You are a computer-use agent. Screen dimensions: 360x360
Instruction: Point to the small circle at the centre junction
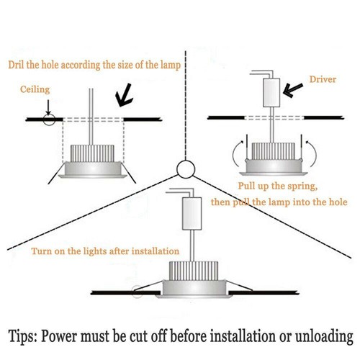point(184,169)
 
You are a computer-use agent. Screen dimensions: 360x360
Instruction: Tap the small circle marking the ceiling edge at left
point(48,119)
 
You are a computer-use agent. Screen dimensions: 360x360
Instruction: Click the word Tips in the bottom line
point(28,336)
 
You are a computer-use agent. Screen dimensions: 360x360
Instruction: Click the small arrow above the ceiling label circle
point(48,107)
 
